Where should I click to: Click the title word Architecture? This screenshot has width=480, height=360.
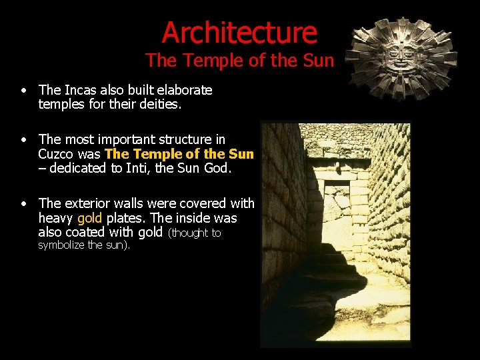pyautogui.click(x=239, y=32)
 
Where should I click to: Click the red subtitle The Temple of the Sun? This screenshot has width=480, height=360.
pyautogui.click(x=239, y=61)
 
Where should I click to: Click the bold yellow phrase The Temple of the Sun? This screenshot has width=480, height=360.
pyautogui.click(x=179, y=154)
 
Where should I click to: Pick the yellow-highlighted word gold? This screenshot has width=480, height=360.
pyautogui.click(x=89, y=218)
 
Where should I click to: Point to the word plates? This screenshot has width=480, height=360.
pyautogui.click(x=124, y=218)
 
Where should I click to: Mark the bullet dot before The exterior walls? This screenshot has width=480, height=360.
pyautogui.click(x=23, y=203)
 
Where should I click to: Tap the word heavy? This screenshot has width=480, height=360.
pyautogui.click(x=56, y=218)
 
